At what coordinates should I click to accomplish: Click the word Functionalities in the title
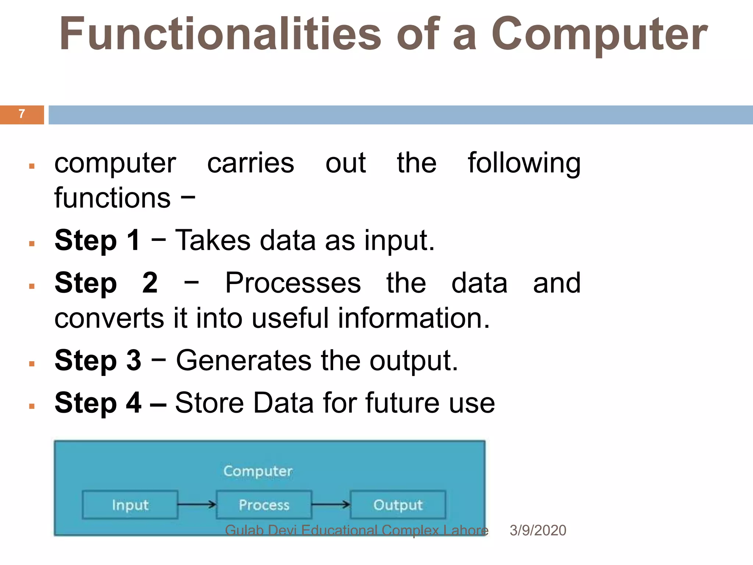click(220, 34)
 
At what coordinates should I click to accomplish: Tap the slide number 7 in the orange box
click(22, 114)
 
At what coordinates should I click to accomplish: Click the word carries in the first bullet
click(250, 163)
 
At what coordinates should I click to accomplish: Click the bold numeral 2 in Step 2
click(150, 283)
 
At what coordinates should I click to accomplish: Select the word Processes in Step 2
click(293, 283)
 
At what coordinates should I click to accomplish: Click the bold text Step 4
click(98, 403)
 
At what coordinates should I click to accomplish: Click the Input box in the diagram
click(130, 505)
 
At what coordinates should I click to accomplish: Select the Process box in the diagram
click(264, 505)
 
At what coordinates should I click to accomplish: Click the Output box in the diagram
click(398, 505)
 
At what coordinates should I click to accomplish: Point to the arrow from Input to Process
click(197, 504)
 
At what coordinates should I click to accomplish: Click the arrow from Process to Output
click(331, 504)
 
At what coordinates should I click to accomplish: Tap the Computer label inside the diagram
click(258, 471)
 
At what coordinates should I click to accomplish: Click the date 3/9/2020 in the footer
click(538, 530)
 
